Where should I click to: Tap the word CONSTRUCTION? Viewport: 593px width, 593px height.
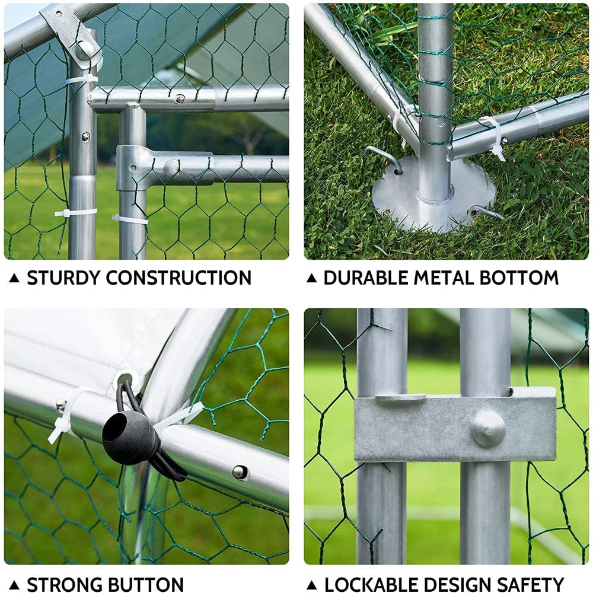(x=178, y=278)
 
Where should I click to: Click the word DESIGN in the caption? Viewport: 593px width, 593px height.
(x=457, y=585)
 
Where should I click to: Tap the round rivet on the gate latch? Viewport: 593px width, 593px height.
(x=488, y=429)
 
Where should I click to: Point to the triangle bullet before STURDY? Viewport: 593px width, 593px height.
(x=14, y=278)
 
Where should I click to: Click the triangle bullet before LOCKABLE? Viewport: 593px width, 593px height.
(x=312, y=585)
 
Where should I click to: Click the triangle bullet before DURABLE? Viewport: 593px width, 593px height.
(x=311, y=278)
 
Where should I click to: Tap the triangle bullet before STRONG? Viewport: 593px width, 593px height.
(x=14, y=585)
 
